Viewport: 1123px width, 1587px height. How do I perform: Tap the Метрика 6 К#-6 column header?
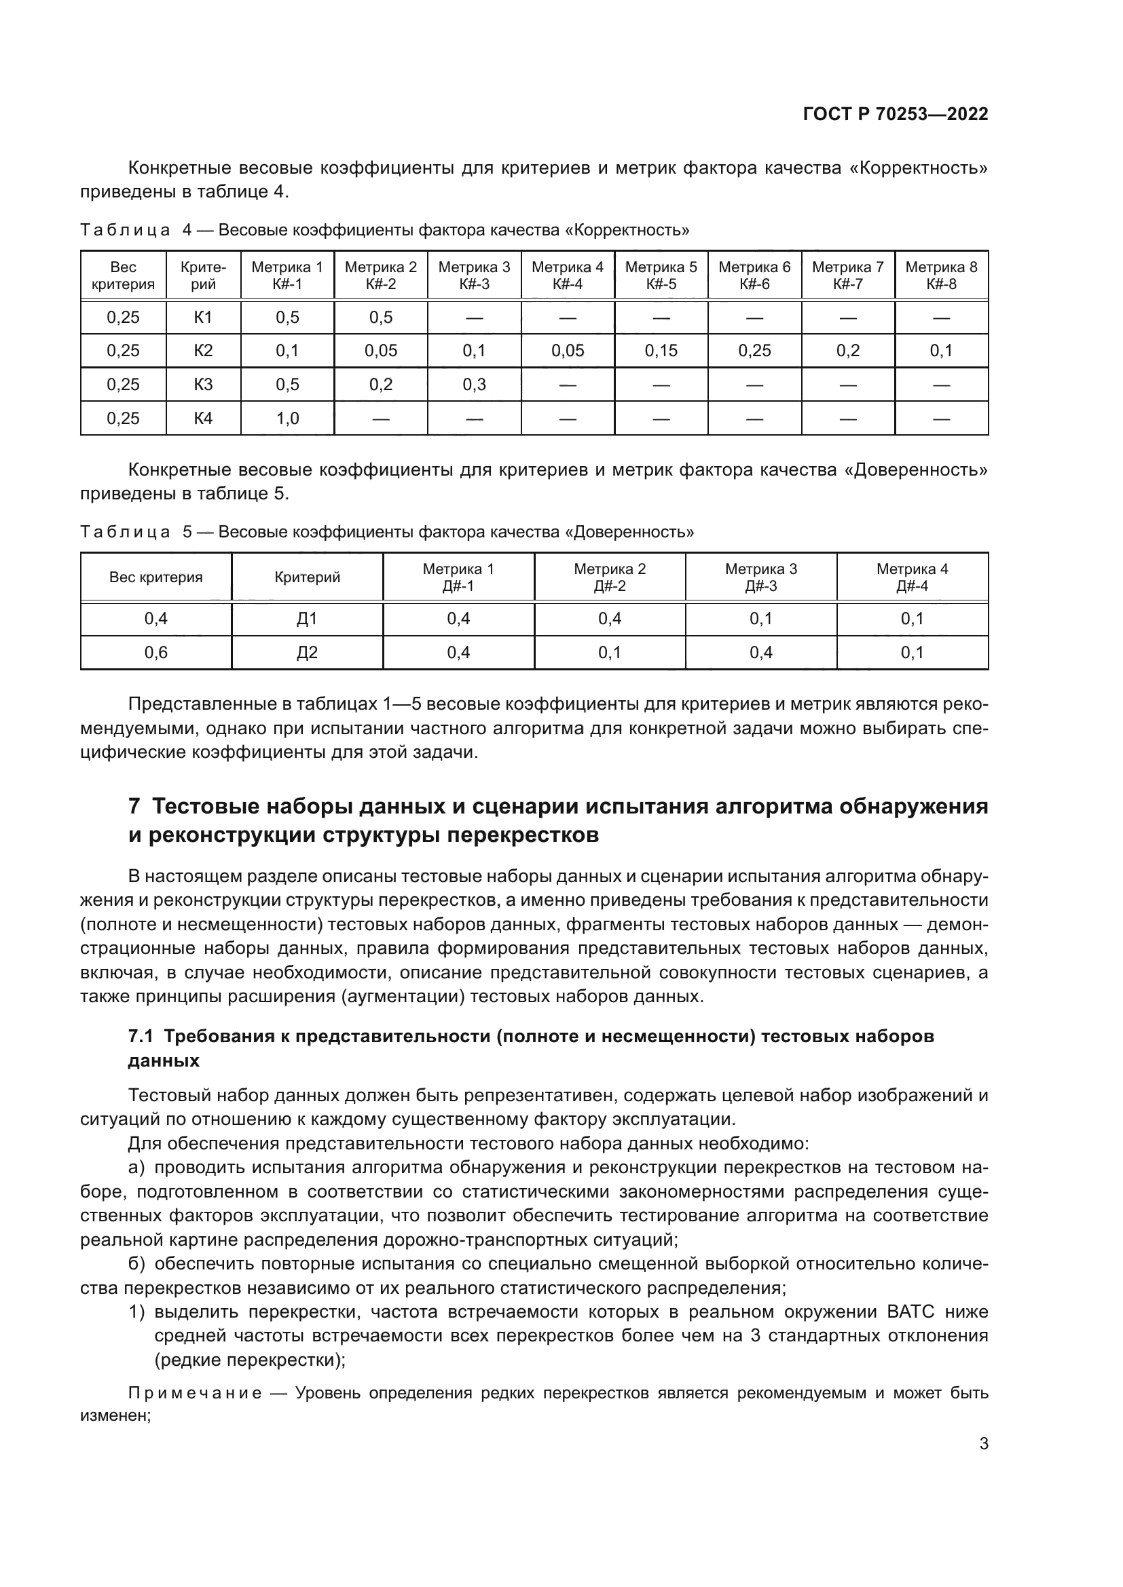coord(754,275)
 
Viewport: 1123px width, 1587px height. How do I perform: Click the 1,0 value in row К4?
coord(287,418)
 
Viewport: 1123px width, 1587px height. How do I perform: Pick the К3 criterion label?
coord(202,384)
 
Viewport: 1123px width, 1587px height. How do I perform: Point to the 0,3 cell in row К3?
coord(474,384)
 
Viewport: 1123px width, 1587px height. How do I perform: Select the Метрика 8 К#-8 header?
coord(941,275)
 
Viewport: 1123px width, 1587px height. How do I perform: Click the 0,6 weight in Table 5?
coord(155,653)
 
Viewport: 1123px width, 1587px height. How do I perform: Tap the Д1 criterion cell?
coord(306,619)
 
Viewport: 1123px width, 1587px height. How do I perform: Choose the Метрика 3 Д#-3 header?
coord(760,577)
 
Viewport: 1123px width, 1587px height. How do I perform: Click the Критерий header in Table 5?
coord(306,577)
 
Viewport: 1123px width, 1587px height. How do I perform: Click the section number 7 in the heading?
coord(134,807)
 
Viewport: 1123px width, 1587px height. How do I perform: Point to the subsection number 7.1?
coord(141,1036)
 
